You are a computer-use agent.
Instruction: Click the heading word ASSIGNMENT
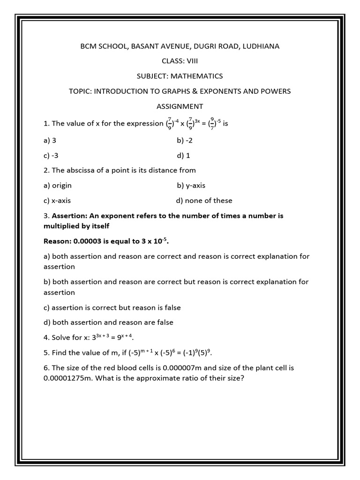[x=180, y=106]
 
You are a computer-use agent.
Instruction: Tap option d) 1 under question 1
[x=183, y=155]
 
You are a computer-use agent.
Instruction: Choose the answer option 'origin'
[x=61, y=185]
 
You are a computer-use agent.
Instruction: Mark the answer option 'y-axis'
[x=195, y=185]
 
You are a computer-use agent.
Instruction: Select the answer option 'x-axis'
[x=61, y=200]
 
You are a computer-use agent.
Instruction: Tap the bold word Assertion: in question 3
[x=70, y=216]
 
